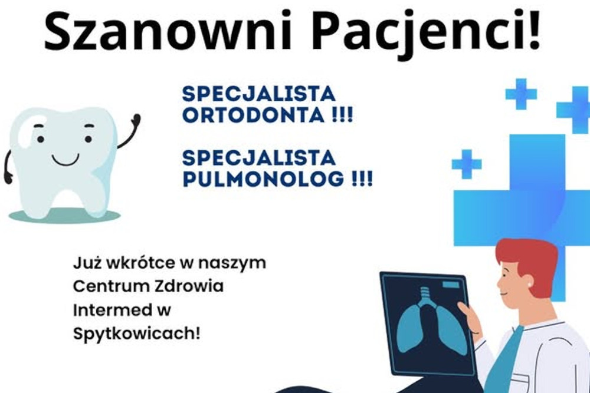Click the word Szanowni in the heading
[168, 31]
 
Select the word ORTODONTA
[253, 114]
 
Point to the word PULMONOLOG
[263, 179]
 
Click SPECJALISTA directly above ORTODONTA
[258, 94]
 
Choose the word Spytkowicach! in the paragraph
[136, 334]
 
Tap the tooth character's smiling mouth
[65, 159]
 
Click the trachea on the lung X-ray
[425, 297]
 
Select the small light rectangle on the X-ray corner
[451, 285]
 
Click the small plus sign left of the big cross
[467, 164]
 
